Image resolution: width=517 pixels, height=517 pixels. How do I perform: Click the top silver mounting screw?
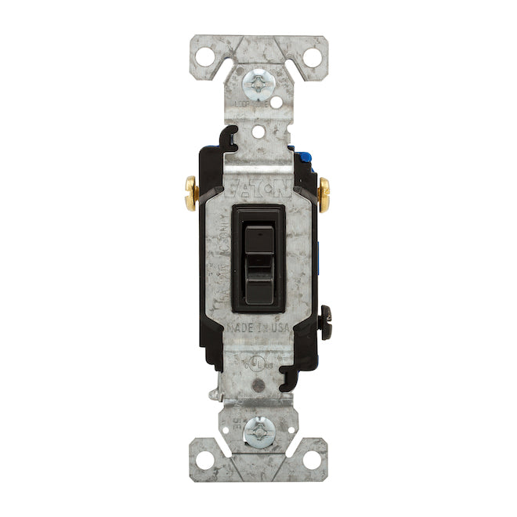click(x=258, y=80)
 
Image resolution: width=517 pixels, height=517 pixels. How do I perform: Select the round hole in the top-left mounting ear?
click(x=204, y=56)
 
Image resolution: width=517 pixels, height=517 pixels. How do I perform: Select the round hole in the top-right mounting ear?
click(x=311, y=56)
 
